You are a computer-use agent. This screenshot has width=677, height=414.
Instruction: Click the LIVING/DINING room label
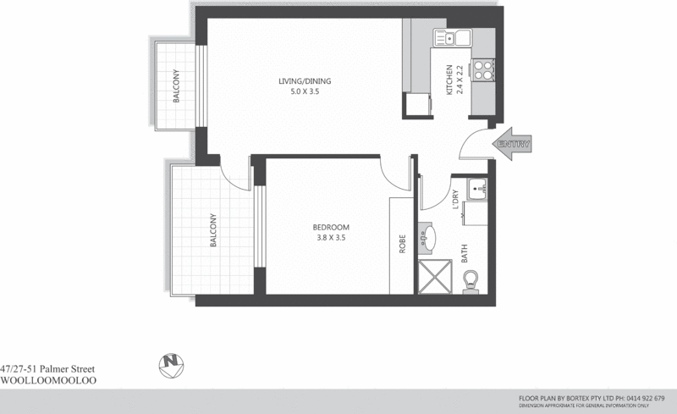[x=305, y=81]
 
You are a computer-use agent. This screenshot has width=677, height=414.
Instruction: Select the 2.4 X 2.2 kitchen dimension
[x=460, y=80]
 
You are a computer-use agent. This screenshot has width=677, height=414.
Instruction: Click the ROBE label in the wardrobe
[x=403, y=245]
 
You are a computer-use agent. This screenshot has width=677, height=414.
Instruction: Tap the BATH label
[x=465, y=253]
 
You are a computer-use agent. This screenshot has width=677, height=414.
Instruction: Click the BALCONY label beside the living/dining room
[x=177, y=86]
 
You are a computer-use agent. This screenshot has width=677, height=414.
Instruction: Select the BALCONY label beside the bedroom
[x=214, y=230]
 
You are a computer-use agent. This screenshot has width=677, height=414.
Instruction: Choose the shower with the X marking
[x=438, y=277]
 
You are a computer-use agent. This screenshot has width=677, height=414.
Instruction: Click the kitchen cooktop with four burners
[x=483, y=68]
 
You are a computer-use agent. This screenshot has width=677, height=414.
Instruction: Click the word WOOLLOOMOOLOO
[x=49, y=381]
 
